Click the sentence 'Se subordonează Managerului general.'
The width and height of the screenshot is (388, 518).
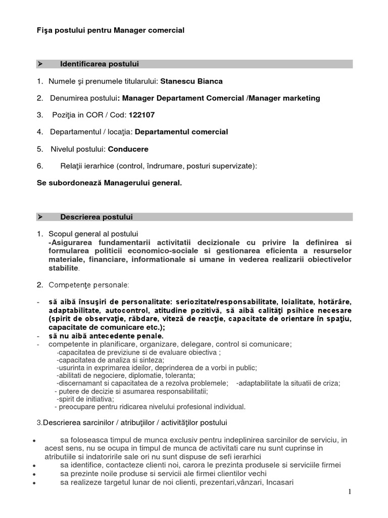(x=109, y=183)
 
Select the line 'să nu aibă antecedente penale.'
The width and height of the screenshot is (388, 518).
(x=106, y=335)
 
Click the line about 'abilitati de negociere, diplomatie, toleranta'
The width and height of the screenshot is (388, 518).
(x=126, y=375)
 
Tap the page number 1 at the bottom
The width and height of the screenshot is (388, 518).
(x=348, y=492)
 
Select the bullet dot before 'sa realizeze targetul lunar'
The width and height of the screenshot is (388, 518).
(x=33, y=484)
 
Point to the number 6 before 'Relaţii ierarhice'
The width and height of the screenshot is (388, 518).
(x=40, y=166)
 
